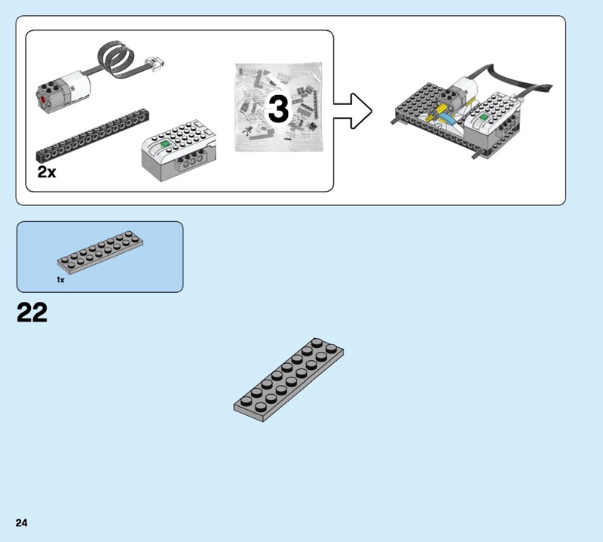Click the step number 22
pyautogui.click(x=32, y=313)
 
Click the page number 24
pyautogui.click(x=22, y=522)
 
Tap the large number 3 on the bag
pyautogui.click(x=278, y=109)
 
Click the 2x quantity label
pyautogui.click(x=47, y=172)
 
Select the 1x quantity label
pyautogui.click(x=60, y=280)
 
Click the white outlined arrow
pyautogui.click(x=353, y=111)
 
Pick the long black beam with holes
pyautogui.click(x=92, y=136)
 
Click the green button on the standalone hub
pyautogui.click(x=165, y=144)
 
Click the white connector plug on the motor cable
pyautogui.click(x=155, y=63)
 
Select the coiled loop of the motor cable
pyautogui.click(x=116, y=57)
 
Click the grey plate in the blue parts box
pyautogui.click(x=100, y=252)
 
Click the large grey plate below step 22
pyautogui.click(x=289, y=380)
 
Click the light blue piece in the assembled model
pyautogui.click(x=448, y=119)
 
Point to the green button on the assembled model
pyautogui.click(x=484, y=117)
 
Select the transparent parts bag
pyautogui.click(x=278, y=106)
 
